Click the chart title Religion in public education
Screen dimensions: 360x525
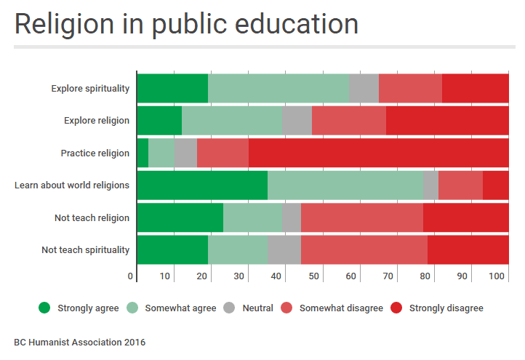[x=186, y=24]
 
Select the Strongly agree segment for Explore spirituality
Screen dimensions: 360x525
[x=172, y=89]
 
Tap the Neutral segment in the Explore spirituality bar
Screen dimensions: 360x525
[x=364, y=89]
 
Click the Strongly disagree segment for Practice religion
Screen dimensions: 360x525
[x=378, y=153]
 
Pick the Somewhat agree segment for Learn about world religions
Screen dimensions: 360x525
[x=345, y=185]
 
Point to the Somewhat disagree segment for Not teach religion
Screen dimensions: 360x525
[x=361, y=217]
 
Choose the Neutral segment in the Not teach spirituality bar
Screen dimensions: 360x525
[x=284, y=250]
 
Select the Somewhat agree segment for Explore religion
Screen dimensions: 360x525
[x=231, y=121]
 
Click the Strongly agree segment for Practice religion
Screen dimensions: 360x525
[x=143, y=153]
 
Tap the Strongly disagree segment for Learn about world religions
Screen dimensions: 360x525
[x=495, y=185]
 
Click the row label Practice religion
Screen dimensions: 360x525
[x=95, y=153]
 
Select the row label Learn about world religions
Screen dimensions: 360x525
[x=72, y=185]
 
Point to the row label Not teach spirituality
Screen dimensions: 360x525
[x=85, y=250]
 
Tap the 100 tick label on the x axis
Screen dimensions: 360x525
[x=497, y=276]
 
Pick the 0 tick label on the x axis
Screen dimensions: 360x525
[x=131, y=276]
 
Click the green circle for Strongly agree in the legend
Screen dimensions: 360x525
[x=45, y=308]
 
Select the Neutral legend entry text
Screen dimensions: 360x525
[x=257, y=308]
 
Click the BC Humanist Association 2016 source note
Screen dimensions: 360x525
[x=79, y=341]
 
